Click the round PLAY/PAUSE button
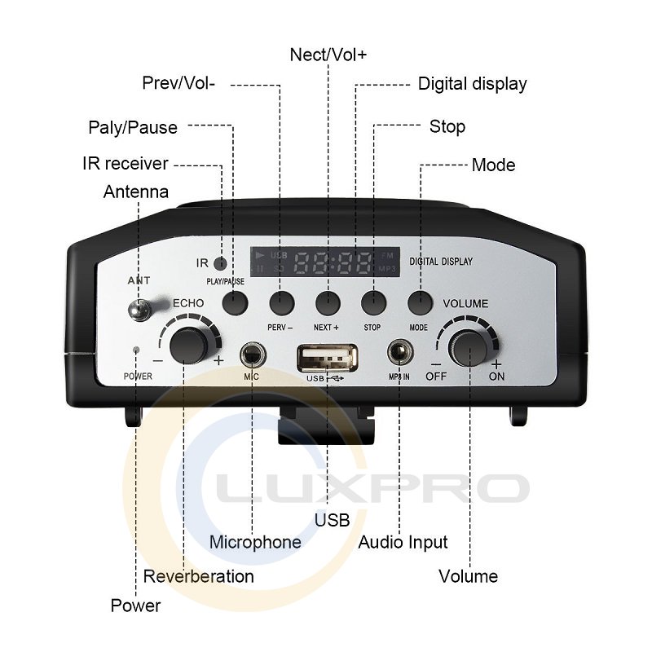235,302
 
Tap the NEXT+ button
328,302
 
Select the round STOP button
373,302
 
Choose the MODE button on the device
419,302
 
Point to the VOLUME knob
470,347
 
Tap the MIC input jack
252,354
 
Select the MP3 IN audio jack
399,353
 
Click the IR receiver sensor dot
220,262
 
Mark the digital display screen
324,262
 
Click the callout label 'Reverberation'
199,576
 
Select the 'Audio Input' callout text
403,542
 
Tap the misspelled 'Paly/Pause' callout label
132,128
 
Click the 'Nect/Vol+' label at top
328,55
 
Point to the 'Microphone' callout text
255,542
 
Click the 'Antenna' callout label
136,192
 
